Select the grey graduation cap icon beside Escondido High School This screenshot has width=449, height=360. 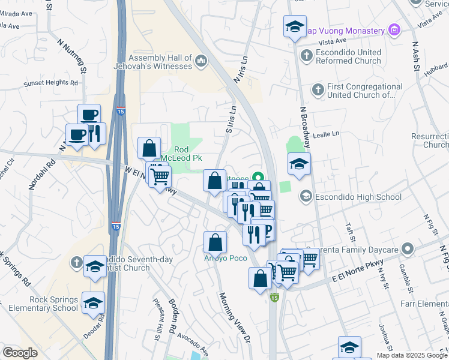306,196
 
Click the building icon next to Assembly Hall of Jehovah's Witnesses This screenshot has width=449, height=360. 200,61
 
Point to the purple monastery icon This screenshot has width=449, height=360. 394,30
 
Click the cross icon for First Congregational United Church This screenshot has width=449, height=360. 318,90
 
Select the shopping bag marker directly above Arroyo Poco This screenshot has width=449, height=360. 215,242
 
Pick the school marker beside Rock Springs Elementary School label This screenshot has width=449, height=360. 93,304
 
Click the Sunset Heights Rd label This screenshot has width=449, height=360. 51,83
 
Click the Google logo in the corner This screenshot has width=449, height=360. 20,352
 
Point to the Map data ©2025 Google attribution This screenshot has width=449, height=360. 411,355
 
